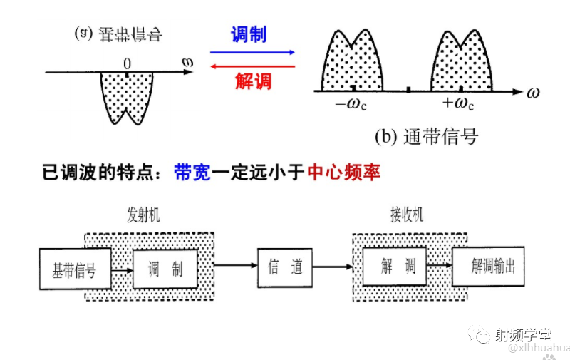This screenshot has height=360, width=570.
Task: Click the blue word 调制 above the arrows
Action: pos(249,34)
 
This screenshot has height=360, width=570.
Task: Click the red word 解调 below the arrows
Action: pos(253,81)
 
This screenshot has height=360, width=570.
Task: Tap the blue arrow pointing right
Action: pos(252,52)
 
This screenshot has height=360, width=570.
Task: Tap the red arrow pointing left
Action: pos(252,66)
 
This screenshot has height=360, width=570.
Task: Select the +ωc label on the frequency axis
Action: pos(457,104)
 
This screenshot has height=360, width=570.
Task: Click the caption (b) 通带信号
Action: pos(426,135)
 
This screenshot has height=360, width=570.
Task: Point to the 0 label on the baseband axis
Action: pos(127,62)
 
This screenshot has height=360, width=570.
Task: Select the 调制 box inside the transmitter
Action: pos(165,269)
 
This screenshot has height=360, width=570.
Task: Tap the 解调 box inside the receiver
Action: pos(394,267)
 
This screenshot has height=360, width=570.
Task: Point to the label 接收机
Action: pos(406,215)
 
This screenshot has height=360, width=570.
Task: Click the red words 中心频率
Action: pos(344,172)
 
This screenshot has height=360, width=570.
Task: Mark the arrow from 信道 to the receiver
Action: pos(332,267)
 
